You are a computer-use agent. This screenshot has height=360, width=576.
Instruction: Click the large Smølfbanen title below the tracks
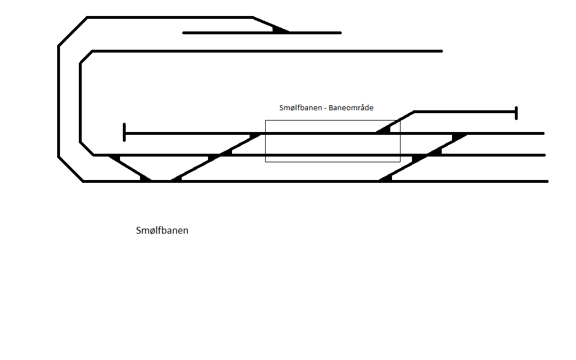[x=162, y=230]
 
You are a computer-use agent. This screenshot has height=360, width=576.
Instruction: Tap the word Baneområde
[x=351, y=107]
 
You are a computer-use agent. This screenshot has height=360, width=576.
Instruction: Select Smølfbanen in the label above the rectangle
[x=301, y=107]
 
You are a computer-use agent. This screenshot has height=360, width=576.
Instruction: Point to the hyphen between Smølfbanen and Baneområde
[x=325, y=109]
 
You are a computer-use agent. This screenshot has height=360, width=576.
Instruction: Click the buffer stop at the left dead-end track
[x=125, y=132]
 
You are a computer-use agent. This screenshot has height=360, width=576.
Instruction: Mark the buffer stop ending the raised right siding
[x=516, y=113]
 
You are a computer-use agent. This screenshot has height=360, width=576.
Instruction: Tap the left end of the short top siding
[x=183, y=33]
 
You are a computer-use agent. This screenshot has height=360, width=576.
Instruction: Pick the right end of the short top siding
[x=341, y=33]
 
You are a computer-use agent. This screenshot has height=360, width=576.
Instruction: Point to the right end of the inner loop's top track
[x=442, y=51]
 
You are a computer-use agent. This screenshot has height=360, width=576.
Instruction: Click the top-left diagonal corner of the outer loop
[x=73, y=31]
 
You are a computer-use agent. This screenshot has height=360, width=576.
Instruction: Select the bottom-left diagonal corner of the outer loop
[x=70, y=169]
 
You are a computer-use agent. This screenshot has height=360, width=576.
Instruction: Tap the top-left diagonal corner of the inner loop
[x=86, y=57]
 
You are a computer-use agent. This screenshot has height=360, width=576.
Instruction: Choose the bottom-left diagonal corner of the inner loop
[x=87, y=149]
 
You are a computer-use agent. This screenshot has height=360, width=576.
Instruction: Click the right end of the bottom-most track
[x=547, y=182]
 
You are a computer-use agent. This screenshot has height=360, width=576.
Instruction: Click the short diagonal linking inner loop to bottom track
[x=130, y=168]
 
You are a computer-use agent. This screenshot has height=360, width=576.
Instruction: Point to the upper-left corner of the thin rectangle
[x=265, y=120]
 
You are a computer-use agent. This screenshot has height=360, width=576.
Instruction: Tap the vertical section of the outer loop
[x=58, y=101]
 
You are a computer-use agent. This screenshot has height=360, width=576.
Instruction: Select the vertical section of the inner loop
[x=80, y=102]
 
